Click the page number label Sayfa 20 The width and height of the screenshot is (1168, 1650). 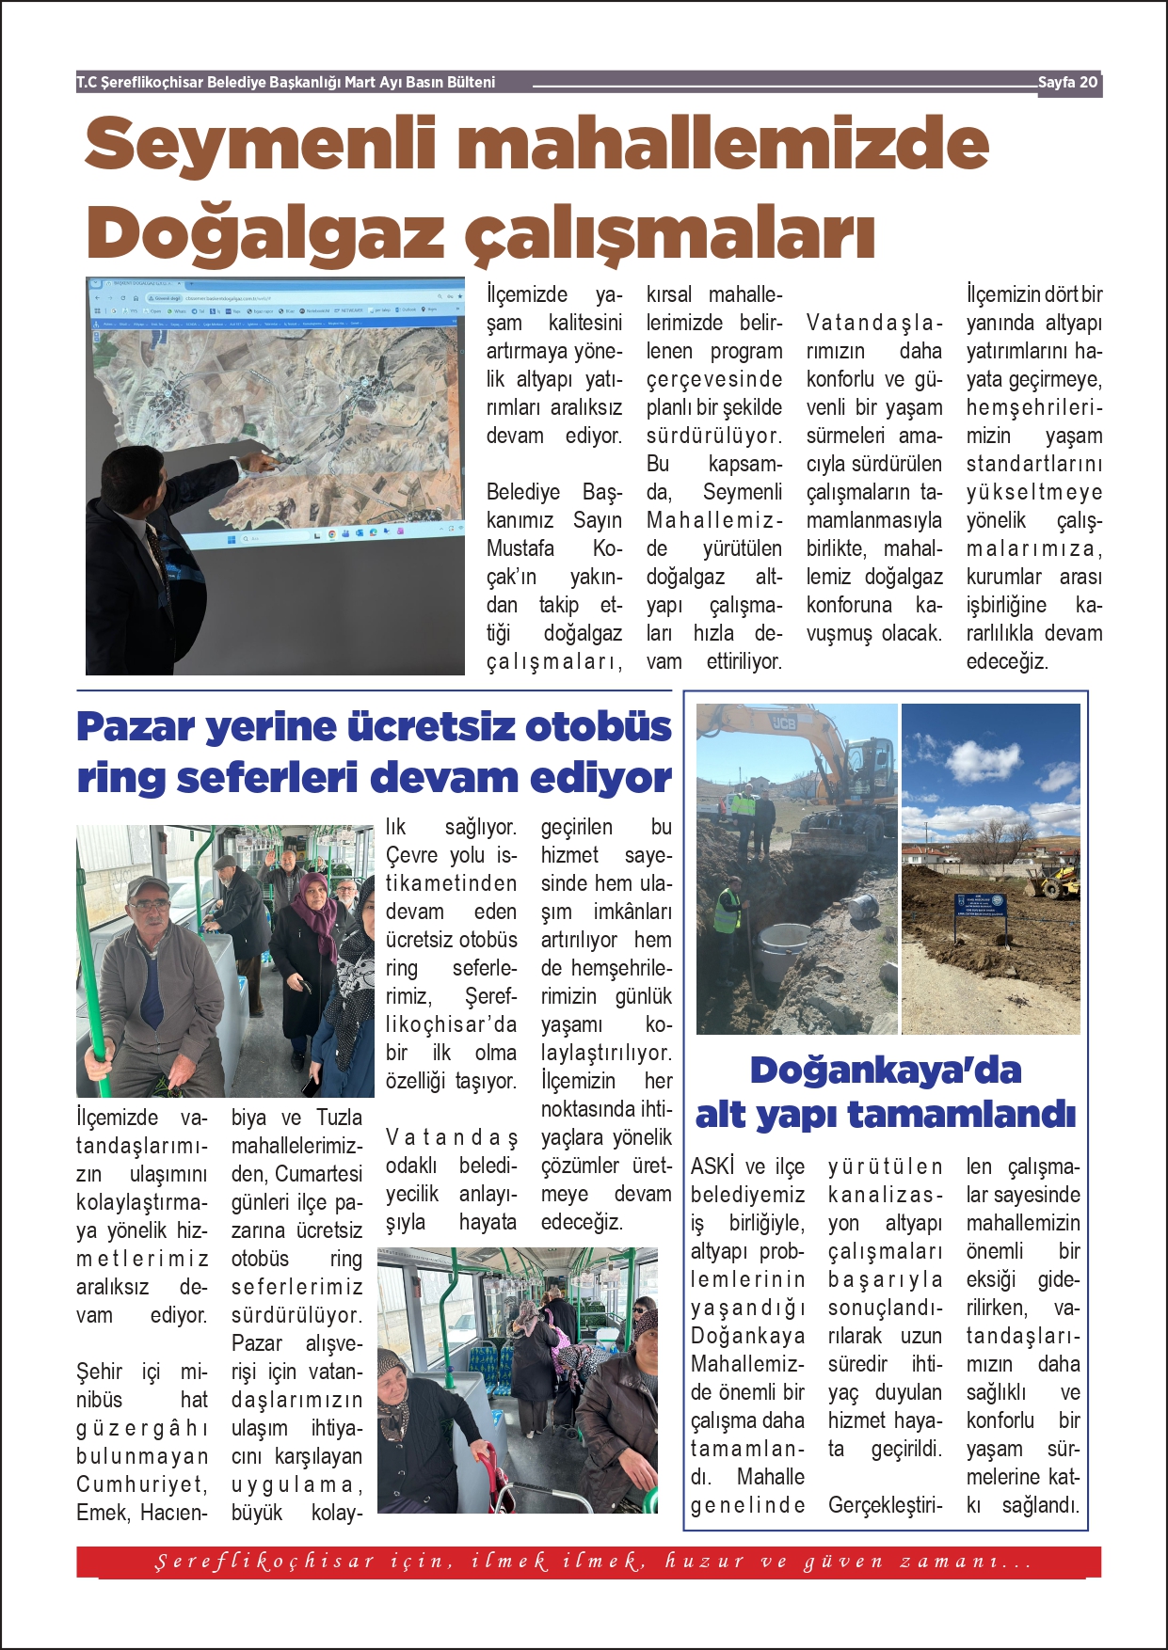(x=1067, y=83)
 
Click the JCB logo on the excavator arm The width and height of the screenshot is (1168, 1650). (x=783, y=722)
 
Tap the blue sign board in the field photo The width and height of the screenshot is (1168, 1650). (x=980, y=906)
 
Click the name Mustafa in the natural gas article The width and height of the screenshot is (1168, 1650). (x=520, y=548)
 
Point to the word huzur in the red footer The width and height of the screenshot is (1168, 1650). (x=705, y=1563)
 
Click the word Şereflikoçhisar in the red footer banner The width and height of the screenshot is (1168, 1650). (x=264, y=1563)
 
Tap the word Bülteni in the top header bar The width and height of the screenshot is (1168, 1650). (x=471, y=83)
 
